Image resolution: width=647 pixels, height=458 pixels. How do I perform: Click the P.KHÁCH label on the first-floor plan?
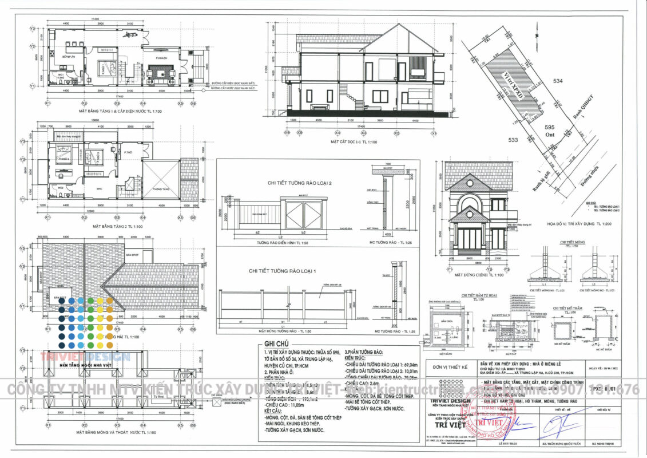161,58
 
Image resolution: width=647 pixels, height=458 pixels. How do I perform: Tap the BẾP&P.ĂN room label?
67,57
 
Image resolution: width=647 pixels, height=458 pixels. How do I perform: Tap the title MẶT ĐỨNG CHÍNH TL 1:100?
479,275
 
